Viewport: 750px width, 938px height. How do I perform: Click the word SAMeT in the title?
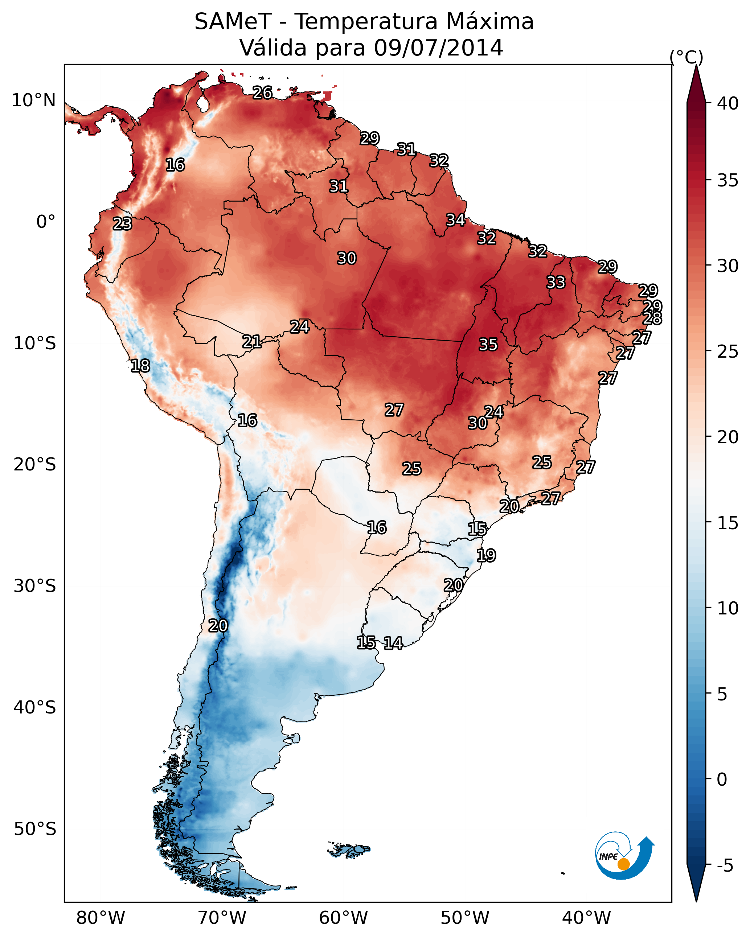[233, 22]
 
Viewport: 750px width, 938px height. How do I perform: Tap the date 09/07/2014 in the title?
[438, 48]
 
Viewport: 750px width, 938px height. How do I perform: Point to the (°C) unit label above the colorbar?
[686, 57]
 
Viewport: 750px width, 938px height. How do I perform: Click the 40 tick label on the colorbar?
[728, 103]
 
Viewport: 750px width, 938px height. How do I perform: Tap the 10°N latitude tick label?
[33, 100]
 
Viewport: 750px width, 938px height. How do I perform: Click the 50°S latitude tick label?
[35, 829]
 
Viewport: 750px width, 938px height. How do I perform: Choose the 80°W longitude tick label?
[101, 918]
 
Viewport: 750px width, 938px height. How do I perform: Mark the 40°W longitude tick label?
[586, 918]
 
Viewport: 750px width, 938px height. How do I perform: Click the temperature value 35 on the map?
[488, 345]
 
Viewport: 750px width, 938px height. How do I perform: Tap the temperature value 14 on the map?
[393, 643]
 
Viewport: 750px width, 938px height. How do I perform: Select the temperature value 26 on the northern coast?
[262, 92]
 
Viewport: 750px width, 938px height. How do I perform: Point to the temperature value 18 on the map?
[140, 366]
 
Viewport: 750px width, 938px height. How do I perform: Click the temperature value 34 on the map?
[455, 220]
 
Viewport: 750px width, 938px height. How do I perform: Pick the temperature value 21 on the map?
[251, 342]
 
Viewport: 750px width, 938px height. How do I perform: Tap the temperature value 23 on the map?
[122, 224]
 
